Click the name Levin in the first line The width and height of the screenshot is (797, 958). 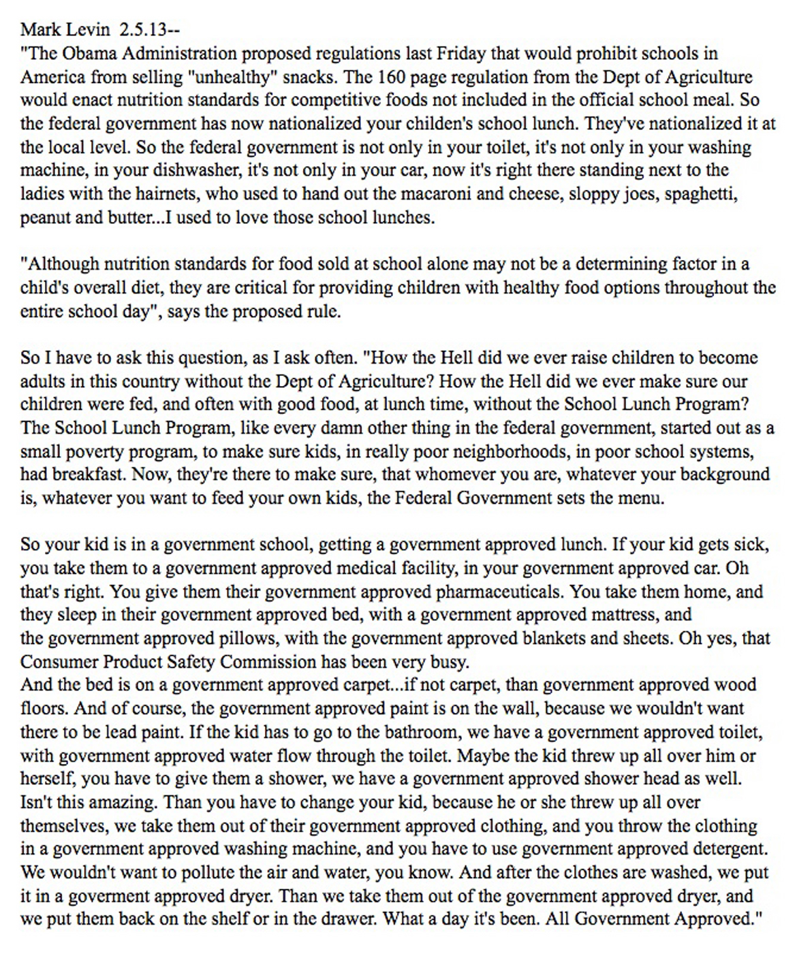[89, 30]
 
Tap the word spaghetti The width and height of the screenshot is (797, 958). [701, 194]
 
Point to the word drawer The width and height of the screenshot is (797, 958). [344, 919]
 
